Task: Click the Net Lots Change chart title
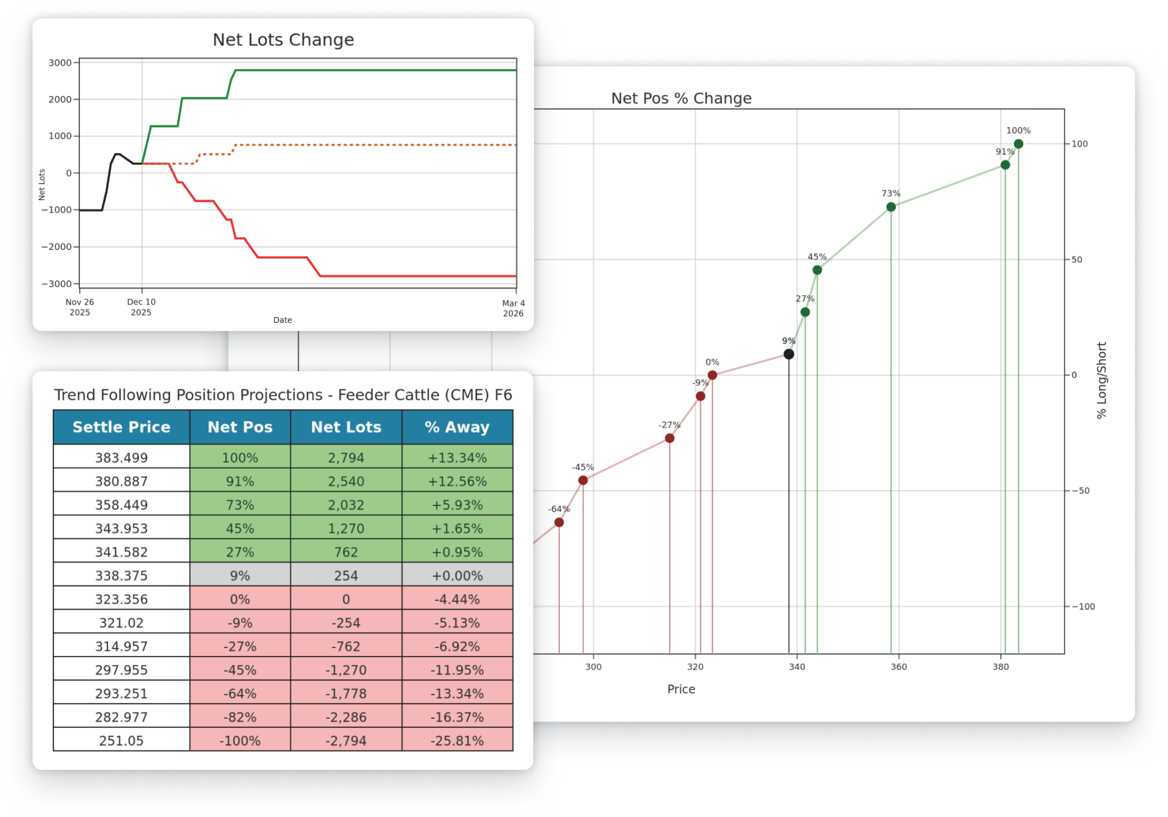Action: [x=283, y=40]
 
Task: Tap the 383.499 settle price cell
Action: [x=121, y=458]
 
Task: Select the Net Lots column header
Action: [x=346, y=427]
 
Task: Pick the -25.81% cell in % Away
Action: [x=457, y=741]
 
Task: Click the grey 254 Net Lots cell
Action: [x=346, y=576]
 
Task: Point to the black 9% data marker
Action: [x=789, y=354]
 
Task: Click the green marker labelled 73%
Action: [x=891, y=207]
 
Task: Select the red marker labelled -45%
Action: [x=583, y=480]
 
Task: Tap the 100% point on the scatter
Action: [x=1018, y=144]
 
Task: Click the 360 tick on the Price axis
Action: [x=899, y=667]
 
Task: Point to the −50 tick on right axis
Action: [x=1080, y=491]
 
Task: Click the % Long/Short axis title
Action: [x=1101, y=380]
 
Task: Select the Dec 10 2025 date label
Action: [x=141, y=307]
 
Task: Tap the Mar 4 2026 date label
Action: [x=513, y=308]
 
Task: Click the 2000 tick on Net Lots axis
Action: [x=60, y=99]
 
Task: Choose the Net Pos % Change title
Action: [x=681, y=98]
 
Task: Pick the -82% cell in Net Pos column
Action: [x=239, y=717]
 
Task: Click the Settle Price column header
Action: [x=121, y=427]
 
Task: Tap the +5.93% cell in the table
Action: [x=457, y=505]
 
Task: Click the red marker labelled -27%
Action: [x=670, y=438]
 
